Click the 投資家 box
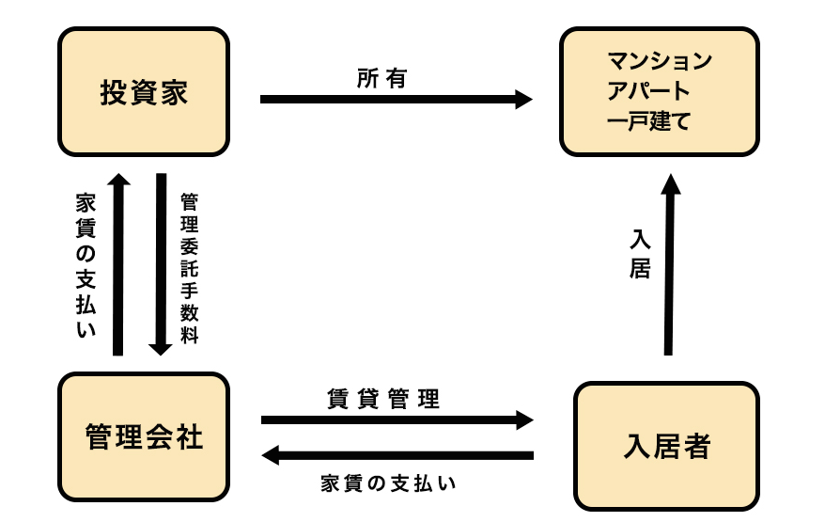click(144, 92)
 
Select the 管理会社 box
click(144, 437)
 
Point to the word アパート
click(649, 92)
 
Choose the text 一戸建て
click(649, 120)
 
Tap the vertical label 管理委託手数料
click(189, 268)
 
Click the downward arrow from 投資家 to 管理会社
click(161, 263)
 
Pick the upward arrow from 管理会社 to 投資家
click(118, 263)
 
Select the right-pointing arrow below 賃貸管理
click(395, 419)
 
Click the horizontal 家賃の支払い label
click(388, 483)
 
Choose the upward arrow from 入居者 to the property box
click(669, 263)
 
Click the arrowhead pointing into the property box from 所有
click(523, 98)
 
